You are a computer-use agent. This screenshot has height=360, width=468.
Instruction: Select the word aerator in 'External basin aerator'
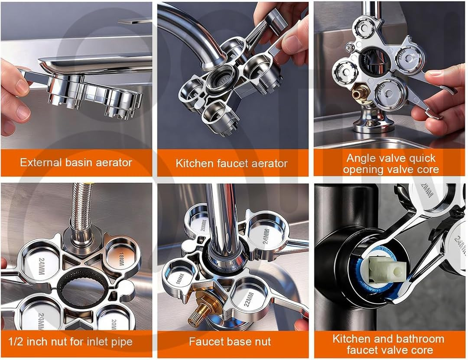(112, 163)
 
